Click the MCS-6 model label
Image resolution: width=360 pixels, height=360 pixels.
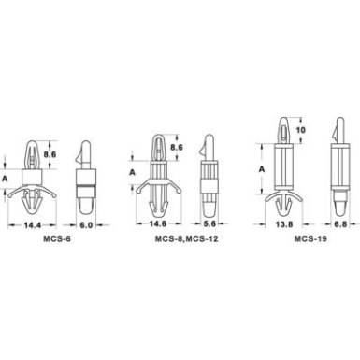(57, 239)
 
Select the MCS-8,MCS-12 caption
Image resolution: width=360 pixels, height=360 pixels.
(187, 239)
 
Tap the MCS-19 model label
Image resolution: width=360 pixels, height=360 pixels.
(310, 239)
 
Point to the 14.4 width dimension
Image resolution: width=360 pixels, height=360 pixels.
(33, 224)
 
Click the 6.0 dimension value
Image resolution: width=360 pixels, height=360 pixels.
(86, 224)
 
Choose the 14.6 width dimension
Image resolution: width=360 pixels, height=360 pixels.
(158, 223)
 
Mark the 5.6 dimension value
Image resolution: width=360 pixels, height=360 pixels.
(209, 223)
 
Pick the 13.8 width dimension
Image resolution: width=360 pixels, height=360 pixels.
(284, 224)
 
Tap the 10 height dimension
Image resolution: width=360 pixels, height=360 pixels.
(300, 130)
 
